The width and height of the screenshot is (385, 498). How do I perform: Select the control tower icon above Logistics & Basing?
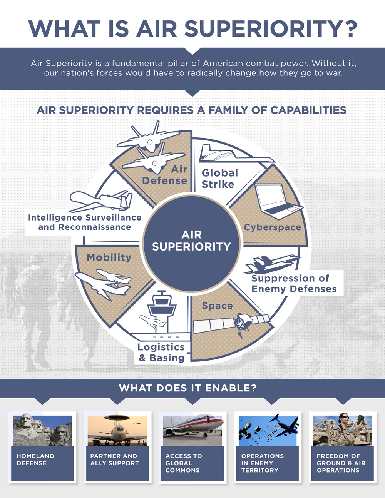(162, 308)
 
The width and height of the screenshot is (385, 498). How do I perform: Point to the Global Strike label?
(219, 179)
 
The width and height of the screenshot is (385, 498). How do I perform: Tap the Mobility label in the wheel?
(109, 257)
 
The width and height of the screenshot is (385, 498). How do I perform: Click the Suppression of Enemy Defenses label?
(294, 284)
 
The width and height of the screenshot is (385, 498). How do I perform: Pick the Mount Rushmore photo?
(42, 430)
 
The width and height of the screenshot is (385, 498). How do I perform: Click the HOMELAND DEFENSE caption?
(35, 460)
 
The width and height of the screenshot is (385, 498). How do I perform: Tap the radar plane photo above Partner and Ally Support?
(117, 430)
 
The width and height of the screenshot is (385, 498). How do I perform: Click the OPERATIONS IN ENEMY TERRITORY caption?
(262, 463)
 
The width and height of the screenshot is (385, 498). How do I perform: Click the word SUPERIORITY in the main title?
(271, 28)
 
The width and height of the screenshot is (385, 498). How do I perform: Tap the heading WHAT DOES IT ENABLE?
(187, 388)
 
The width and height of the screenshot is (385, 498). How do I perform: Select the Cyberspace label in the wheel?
(272, 227)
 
